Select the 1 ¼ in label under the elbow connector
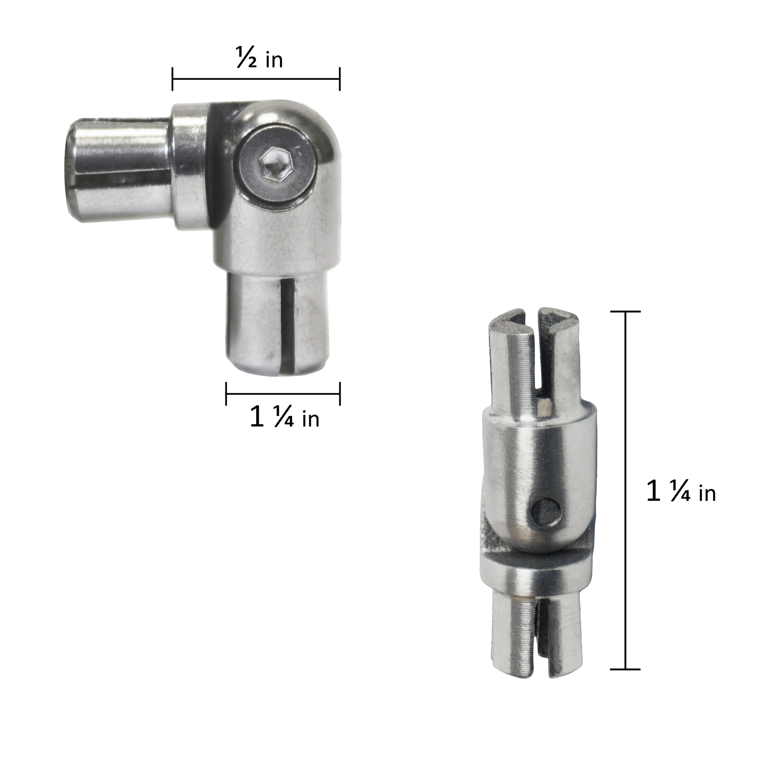tap(284, 418)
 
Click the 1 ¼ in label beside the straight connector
tap(681, 492)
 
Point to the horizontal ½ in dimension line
tap(256, 79)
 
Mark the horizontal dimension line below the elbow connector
tap(283, 394)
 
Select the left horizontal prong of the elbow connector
tap(119, 169)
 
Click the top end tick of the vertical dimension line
tap(625, 312)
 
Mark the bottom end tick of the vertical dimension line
tap(625, 669)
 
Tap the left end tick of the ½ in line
tap(172, 79)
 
